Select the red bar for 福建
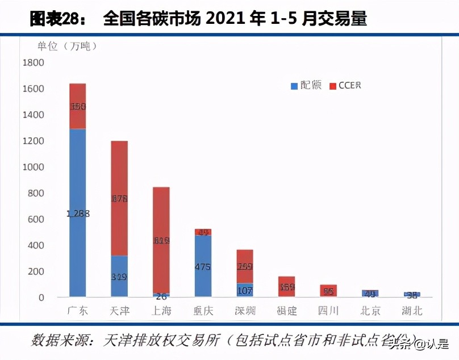point(286,286)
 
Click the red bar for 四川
point(328,290)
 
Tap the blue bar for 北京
point(370,293)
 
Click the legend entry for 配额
point(307,86)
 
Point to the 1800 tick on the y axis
point(33,63)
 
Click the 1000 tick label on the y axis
point(33,168)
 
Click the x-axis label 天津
point(119,311)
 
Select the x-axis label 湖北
point(412,311)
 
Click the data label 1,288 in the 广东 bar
point(77,214)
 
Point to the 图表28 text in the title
point(55,19)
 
